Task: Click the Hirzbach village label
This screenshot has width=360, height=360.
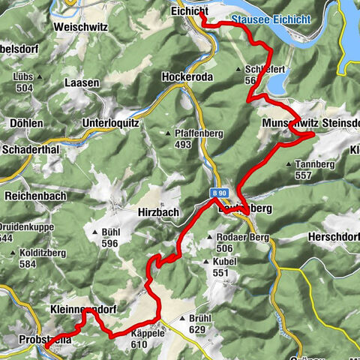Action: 159,212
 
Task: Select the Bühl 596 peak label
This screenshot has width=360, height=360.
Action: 109,237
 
